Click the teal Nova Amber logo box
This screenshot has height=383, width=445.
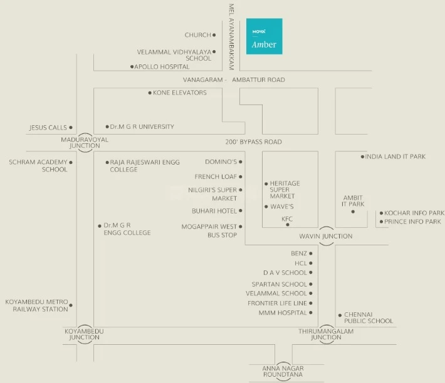264,36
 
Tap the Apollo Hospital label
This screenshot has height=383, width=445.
162,66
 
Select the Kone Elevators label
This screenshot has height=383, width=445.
180,93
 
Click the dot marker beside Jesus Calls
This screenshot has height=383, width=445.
71,128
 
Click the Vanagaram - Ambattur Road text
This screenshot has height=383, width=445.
234,80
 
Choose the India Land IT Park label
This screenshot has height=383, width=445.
395,156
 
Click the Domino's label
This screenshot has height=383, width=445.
219,161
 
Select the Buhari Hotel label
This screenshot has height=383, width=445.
214,211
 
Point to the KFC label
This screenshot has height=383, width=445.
287,219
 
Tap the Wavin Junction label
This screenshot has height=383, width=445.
325,237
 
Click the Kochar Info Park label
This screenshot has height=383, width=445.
414,213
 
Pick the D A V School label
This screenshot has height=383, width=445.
285,273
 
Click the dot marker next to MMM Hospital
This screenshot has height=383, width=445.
311,313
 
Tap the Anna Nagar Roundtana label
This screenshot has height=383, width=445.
283,371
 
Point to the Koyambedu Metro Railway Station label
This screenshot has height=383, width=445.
37,305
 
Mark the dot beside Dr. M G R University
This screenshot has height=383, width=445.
107,126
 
